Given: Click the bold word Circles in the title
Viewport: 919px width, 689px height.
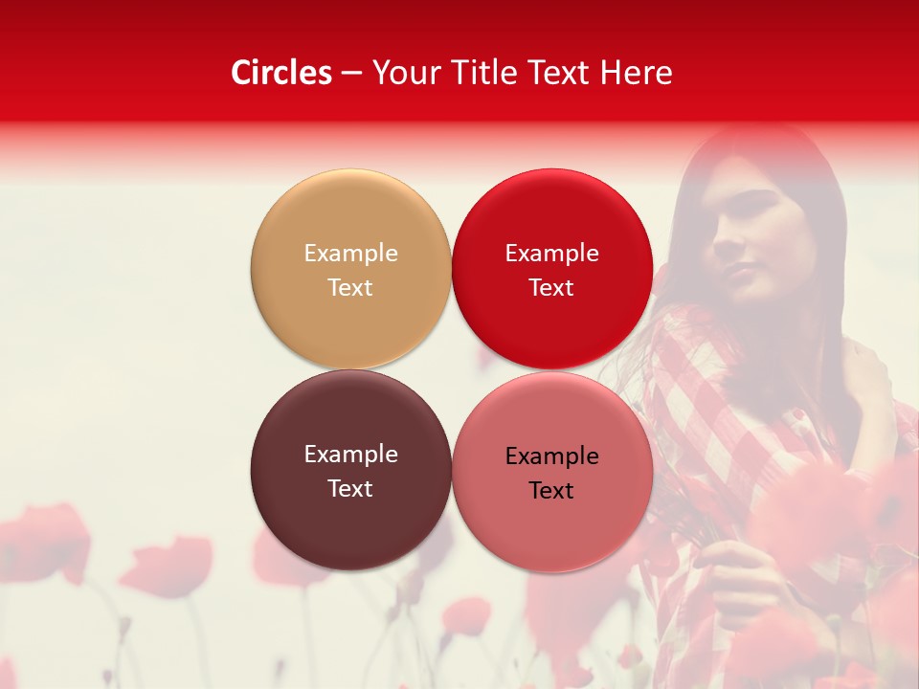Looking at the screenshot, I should pyautogui.click(x=281, y=73).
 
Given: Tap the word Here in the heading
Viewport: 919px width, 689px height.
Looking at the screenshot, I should pyautogui.click(x=636, y=73).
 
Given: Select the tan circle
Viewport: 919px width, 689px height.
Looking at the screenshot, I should pyautogui.click(x=350, y=269).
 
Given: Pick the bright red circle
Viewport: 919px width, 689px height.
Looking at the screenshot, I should pyautogui.click(x=551, y=269).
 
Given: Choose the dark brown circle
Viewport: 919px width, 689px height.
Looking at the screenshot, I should pyautogui.click(x=350, y=470).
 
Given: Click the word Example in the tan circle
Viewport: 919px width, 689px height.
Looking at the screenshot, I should pyautogui.click(x=350, y=253).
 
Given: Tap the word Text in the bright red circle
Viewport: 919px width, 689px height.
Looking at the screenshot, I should pyautogui.click(x=551, y=287).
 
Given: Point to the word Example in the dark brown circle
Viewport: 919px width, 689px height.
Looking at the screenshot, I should pyautogui.click(x=350, y=454).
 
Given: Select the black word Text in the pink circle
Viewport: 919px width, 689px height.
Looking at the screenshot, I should pyautogui.click(x=551, y=490).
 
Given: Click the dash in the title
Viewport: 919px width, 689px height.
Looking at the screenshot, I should pyautogui.click(x=351, y=74).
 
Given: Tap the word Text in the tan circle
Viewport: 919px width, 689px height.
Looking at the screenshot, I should pyautogui.click(x=350, y=287).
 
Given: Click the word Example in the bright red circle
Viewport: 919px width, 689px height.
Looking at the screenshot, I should pyautogui.click(x=551, y=253).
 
